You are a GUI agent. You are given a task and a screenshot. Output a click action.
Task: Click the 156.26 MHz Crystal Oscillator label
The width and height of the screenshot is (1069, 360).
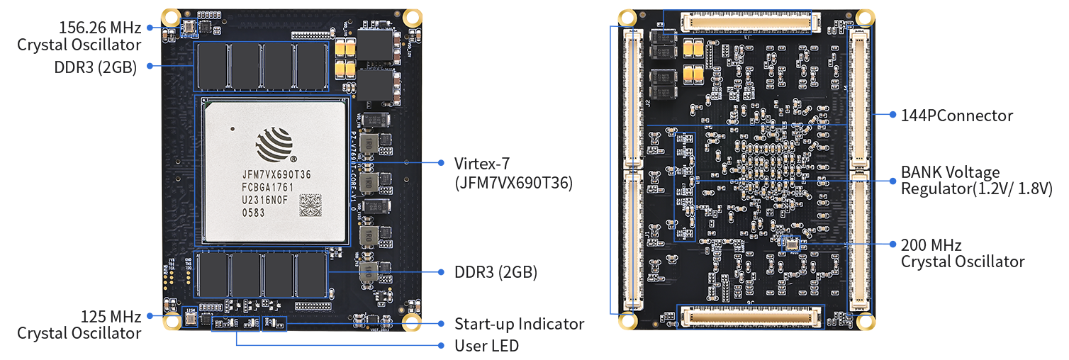(x=79, y=35)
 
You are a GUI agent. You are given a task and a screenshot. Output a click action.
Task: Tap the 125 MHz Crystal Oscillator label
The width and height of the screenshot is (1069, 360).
(x=79, y=325)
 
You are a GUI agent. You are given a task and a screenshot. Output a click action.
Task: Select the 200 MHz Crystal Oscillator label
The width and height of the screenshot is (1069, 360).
(x=962, y=253)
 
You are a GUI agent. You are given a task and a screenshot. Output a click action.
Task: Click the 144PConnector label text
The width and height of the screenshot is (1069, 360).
(x=956, y=116)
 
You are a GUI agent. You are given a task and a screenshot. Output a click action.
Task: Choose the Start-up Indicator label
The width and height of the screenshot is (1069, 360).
(x=519, y=324)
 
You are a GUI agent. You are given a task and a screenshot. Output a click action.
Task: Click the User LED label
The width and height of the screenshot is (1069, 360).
(x=488, y=346)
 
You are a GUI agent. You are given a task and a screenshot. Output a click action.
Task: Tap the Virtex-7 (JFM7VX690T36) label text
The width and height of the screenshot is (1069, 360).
(x=513, y=172)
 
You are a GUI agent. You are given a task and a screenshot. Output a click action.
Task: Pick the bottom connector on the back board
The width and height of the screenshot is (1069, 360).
(x=750, y=316)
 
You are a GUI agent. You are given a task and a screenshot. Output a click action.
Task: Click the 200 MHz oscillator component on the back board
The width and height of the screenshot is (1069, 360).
(x=789, y=244)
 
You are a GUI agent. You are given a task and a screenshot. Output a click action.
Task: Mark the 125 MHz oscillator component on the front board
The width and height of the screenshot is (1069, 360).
(x=191, y=318)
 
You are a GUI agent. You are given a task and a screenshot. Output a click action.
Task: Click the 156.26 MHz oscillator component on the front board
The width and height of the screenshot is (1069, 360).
(x=189, y=28)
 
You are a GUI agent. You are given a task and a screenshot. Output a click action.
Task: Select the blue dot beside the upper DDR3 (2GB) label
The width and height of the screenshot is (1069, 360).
(x=150, y=66)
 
